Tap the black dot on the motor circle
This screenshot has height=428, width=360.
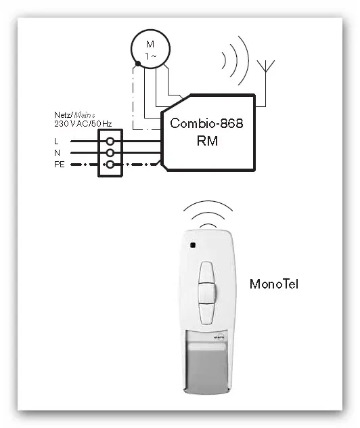click(138, 64)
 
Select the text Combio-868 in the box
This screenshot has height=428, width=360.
click(206, 123)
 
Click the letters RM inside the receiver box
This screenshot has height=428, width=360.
click(207, 141)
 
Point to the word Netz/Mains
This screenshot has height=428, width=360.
click(74, 115)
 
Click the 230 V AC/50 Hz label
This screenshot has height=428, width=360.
click(83, 124)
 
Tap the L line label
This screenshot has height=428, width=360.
click(56, 141)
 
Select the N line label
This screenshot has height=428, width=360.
click(57, 152)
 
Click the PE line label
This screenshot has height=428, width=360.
click(60, 165)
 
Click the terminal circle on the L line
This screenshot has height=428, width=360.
click(110, 141)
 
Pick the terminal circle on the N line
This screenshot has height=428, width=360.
click(110, 152)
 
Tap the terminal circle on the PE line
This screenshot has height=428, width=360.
click(110, 165)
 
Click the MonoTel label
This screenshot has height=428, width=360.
click(274, 284)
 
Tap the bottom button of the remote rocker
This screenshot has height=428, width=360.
click(206, 313)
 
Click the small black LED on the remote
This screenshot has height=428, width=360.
click(193, 245)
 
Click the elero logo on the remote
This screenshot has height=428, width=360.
click(219, 338)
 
